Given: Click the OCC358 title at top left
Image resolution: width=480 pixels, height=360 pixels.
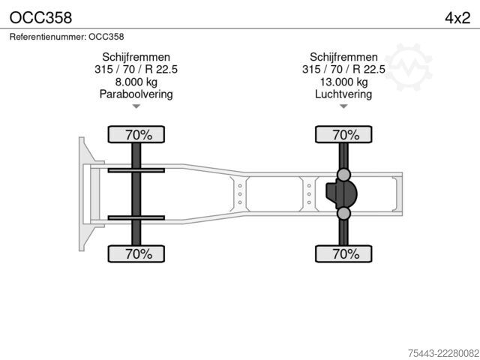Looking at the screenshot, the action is point(40,18).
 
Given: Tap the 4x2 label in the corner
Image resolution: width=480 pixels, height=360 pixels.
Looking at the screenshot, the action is point(457,18).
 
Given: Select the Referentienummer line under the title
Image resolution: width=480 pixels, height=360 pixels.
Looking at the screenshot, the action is point(67,37).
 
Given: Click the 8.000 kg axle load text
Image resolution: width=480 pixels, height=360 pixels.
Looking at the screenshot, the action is point(136,82).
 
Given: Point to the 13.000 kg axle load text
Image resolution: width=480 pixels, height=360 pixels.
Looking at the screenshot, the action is point(343,82).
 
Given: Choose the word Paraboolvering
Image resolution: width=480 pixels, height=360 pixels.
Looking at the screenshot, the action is point(136,94).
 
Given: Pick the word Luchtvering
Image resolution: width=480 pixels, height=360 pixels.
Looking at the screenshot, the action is point(343,94).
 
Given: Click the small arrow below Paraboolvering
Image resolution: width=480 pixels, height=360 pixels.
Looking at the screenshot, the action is point(136,106).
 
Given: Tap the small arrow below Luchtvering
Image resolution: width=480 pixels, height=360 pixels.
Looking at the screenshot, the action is point(343,106).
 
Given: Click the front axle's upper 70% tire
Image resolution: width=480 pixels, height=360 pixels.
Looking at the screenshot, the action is point(136,134).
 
